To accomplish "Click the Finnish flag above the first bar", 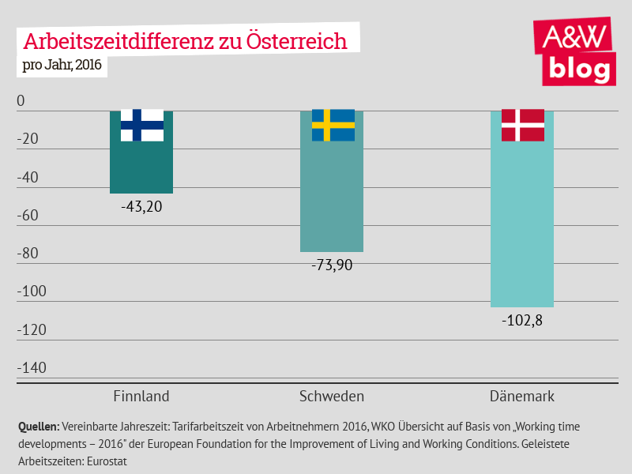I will [142, 126].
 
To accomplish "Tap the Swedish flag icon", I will [333, 126].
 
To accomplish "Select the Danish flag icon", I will [523, 126].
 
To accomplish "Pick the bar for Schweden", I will [333, 197].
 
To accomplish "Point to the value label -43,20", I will [142, 208].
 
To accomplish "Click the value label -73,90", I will [333, 265].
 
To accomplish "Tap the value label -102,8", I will [523, 322].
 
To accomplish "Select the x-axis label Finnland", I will [141, 396].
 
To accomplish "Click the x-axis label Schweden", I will [332, 396].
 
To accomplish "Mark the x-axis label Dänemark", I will [522, 396].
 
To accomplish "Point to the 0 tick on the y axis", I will [21, 101].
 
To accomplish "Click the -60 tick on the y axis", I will [28, 216].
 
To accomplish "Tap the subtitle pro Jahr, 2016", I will [62, 65].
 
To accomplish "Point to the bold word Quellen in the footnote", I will [39, 426].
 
